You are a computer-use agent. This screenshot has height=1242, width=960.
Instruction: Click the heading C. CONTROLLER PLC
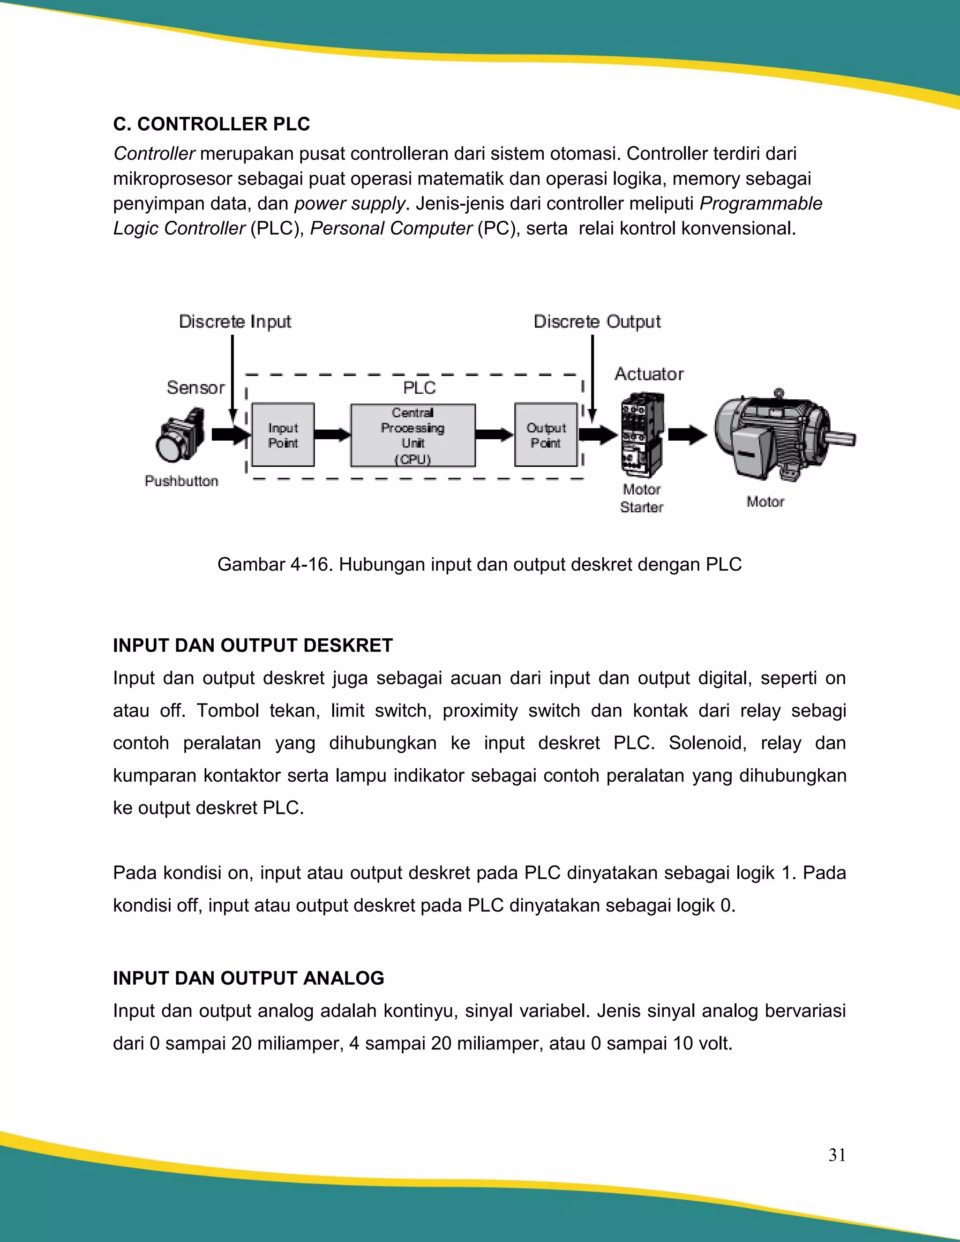211,124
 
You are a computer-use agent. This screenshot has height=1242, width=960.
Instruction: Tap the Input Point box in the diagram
283,435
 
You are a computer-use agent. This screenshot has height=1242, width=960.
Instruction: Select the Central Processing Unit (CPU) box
413,435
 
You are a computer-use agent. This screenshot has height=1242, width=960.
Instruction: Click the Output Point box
546,435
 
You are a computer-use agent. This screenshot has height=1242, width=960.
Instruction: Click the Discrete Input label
235,322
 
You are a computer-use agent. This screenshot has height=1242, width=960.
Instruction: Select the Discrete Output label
597,322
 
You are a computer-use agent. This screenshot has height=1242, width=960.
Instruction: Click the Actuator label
649,374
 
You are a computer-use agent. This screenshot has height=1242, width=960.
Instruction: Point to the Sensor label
195,388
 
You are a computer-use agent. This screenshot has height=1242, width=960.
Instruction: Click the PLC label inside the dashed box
419,388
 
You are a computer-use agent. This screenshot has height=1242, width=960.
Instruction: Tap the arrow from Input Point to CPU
332,435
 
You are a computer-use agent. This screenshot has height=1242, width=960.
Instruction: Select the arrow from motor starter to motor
687,435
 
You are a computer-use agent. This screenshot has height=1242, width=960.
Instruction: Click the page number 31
837,1155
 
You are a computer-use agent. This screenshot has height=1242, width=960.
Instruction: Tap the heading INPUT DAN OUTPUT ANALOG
248,978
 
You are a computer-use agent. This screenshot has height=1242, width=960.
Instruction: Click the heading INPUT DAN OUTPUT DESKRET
253,645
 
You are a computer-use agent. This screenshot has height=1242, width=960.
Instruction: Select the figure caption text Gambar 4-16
479,565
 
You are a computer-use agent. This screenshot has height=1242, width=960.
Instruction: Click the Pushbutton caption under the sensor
181,481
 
